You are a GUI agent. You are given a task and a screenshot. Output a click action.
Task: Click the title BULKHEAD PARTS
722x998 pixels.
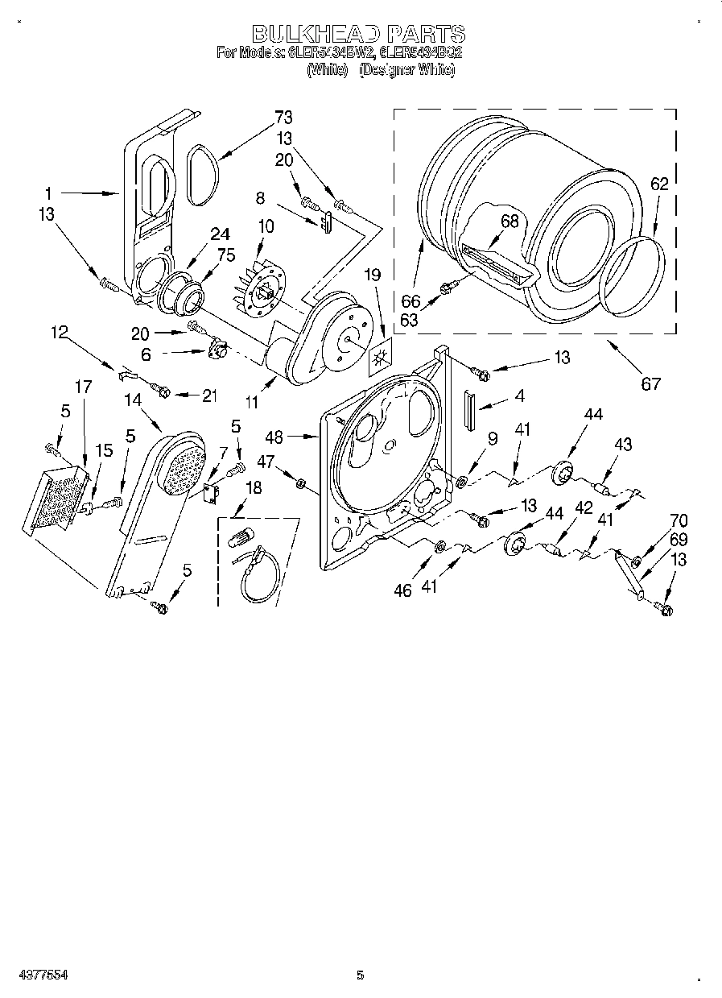pyautogui.click(x=359, y=33)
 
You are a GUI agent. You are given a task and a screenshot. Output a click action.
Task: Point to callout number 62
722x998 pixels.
pyautogui.click(x=658, y=184)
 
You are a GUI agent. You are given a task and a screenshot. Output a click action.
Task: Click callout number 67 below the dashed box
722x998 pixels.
pyautogui.click(x=650, y=383)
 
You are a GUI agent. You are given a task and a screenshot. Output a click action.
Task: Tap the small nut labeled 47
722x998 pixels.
pyautogui.click(x=299, y=484)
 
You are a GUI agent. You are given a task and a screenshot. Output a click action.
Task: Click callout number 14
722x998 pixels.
pyautogui.click(x=133, y=398)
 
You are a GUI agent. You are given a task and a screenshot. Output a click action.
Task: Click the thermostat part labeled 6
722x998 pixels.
pyautogui.click(x=215, y=350)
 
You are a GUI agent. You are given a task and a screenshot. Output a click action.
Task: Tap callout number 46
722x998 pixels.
pyautogui.click(x=402, y=590)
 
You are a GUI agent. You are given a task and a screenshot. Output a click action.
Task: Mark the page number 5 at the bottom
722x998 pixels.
pyautogui.click(x=360, y=975)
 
